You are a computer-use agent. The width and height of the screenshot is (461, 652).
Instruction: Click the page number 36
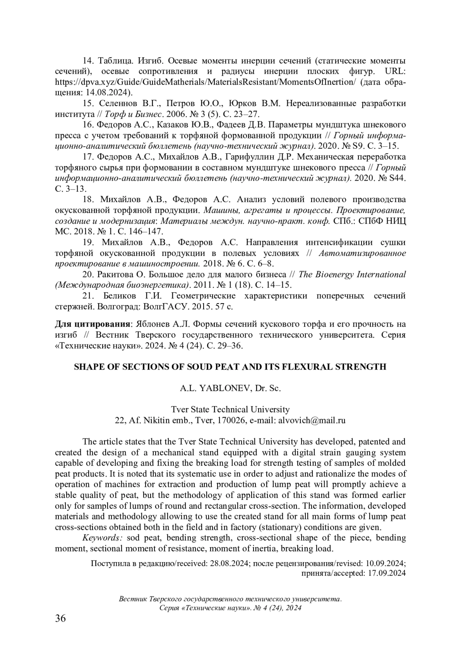(61, 618)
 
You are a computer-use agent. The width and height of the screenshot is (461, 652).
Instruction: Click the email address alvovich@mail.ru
(312, 420)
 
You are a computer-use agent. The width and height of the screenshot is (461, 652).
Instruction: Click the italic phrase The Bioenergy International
(352, 274)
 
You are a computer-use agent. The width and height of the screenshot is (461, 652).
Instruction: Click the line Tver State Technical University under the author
(230, 409)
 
